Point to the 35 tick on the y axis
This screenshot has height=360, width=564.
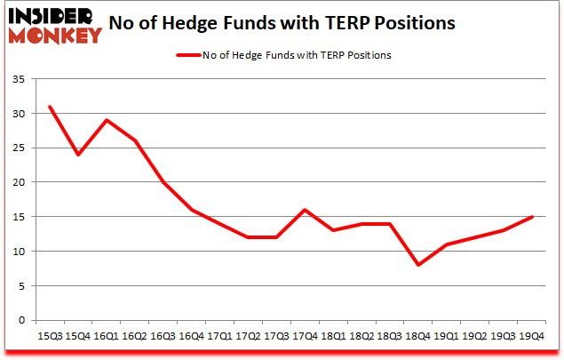(x=20, y=79)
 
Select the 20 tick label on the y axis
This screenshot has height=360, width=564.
(x=20, y=182)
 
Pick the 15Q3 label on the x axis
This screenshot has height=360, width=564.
(x=50, y=336)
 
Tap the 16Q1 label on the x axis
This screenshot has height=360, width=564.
(x=106, y=336)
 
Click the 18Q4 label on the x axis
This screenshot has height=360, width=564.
(x=419, y=336)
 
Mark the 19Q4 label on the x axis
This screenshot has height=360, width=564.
(x=531, y=336)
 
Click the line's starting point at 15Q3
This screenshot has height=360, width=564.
(x=50, y=107)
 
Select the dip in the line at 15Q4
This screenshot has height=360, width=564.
(x=78, y=155)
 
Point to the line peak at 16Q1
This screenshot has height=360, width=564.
(x=106, y=120)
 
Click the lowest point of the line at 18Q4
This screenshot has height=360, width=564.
(x=419, y=265)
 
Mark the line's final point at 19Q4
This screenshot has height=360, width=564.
(x=531, y=217)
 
